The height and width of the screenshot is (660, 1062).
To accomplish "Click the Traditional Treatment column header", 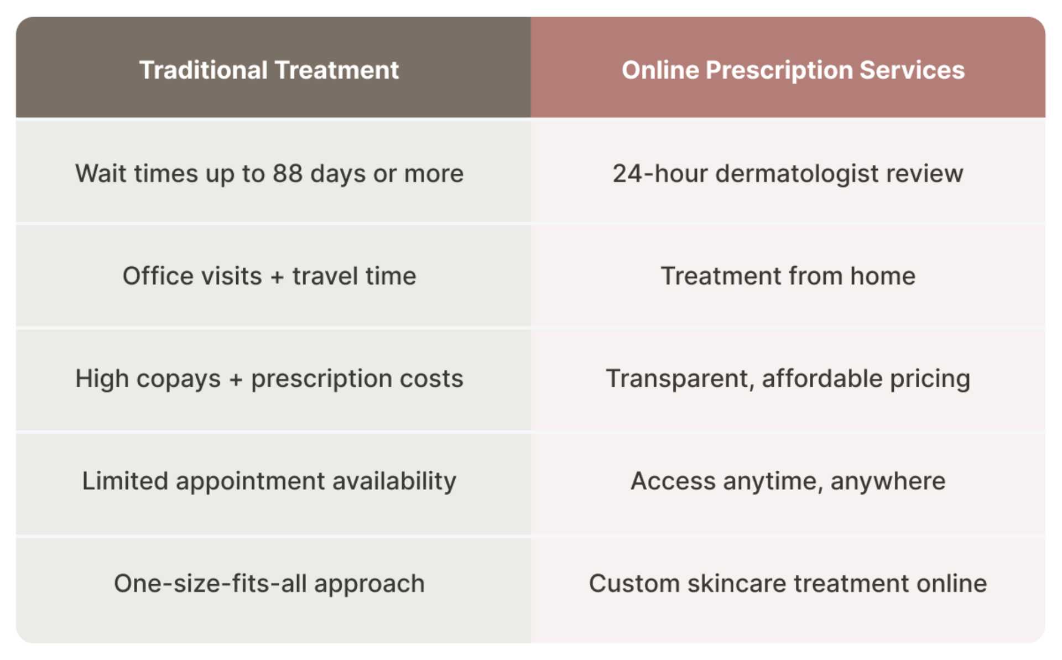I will pyautogui.click(x=269, y=70).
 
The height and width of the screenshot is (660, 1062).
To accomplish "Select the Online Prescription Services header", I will pyautogui.click(x=793, y=70).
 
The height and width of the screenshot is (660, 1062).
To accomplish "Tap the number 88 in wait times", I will pyautogui.click(x=287, y=174).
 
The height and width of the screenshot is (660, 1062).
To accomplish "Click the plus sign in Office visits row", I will pyautogui.click(x=277, y=277).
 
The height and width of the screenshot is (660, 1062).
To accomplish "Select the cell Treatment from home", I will pyautogui.click(x=788, y=276).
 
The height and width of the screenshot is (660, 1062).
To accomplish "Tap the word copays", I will pyautogui.click(x=178, y=380).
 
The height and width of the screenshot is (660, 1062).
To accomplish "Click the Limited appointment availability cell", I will pyautogui.click(x=269, y=481).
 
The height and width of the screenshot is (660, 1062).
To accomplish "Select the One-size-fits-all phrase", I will pyautogui.click(x=210, y=584).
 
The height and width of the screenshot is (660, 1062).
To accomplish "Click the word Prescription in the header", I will pyautogui.click(x=779, y=71).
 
